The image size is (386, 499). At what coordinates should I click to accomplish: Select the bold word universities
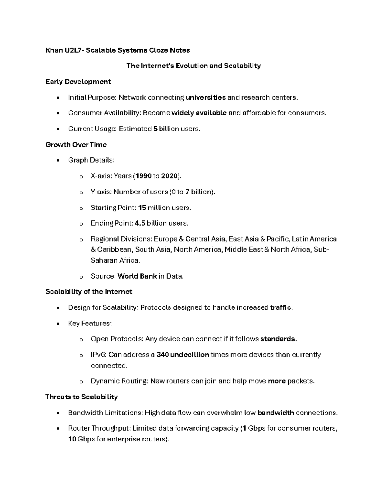[206, 97]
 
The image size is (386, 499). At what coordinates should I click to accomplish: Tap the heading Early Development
[78, 82]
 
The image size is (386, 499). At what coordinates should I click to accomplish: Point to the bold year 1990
[143, 176]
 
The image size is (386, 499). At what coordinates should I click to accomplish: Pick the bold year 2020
[169, 176]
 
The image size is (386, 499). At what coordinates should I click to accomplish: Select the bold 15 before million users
[142, 208]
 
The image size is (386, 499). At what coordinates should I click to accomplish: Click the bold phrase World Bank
[137, 276]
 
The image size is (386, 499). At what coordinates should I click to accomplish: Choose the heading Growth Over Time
[76, 145]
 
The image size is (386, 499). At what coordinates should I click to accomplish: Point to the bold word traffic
[281, 307]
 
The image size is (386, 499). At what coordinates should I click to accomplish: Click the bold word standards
[278, 339]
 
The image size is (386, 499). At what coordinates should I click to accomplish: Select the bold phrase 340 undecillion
[183, 355]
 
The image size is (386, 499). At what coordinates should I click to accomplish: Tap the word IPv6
[98, 355]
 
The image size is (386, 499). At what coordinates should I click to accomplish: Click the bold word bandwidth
[276, 413]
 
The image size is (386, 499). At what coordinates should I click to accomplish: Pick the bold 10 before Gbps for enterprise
[72, 439]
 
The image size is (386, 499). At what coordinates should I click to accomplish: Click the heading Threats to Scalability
[81, 397]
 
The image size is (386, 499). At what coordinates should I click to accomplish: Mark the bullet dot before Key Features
[58, 324]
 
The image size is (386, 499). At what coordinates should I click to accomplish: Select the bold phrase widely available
[199, 113]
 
